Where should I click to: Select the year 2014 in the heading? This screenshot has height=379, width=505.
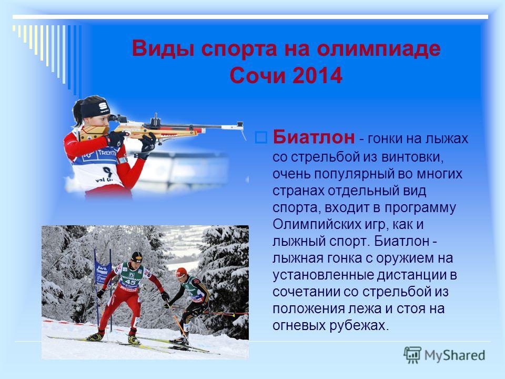pos(318,76)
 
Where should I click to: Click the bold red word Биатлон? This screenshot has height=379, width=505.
pos(314,137)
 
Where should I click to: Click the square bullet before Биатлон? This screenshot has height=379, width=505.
pos(261,137)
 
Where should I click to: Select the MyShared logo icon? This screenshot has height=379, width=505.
pos(412,355)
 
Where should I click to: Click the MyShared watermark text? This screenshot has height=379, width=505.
pos(454,355)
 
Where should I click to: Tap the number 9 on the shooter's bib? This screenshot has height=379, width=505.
pos(107,171)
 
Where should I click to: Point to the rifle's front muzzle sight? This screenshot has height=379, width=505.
pos(240,125)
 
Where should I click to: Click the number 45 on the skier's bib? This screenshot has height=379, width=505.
pos(130,282)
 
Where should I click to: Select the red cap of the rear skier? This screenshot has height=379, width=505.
pos(181,272)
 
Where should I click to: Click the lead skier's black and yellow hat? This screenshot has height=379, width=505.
pos(137,256)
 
